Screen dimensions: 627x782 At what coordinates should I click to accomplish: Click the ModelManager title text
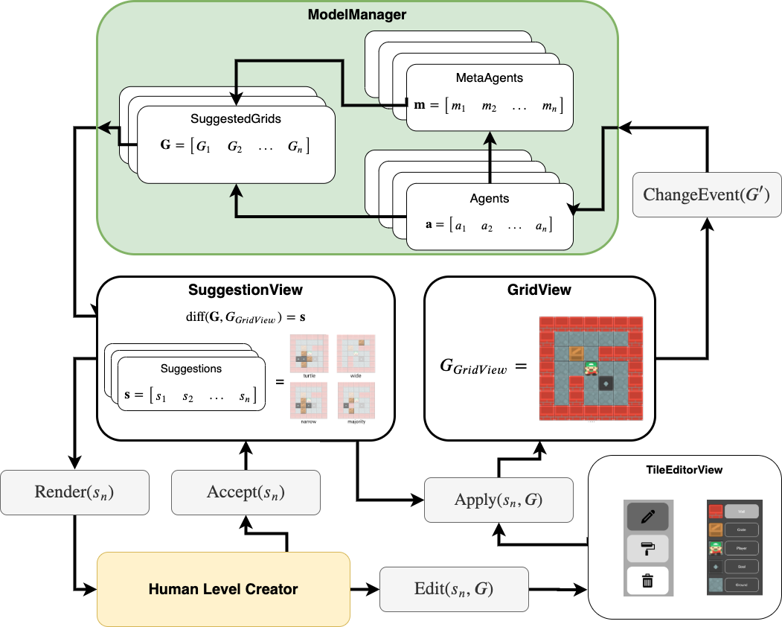(x=358, y=14)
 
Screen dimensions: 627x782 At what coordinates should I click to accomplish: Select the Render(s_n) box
(x=75, y=492)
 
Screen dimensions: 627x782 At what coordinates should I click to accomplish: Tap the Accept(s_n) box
(x=246, y=492)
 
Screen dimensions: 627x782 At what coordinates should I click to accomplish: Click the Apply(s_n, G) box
(x=499, y=500)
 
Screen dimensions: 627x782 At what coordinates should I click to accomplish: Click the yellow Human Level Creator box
(x=223, y=589)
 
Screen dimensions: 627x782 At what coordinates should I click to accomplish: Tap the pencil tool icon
(x=647, y=516)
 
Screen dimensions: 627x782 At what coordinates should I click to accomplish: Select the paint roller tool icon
(x=647, y=548)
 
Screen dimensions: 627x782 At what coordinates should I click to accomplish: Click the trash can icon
(x=647, y=580)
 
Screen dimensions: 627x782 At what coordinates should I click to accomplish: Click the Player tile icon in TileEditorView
(x=715, y=549)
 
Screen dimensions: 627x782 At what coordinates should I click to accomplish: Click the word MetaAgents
(x=489, y=77)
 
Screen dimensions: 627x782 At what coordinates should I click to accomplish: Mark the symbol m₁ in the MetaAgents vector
(x=462, y=106)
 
